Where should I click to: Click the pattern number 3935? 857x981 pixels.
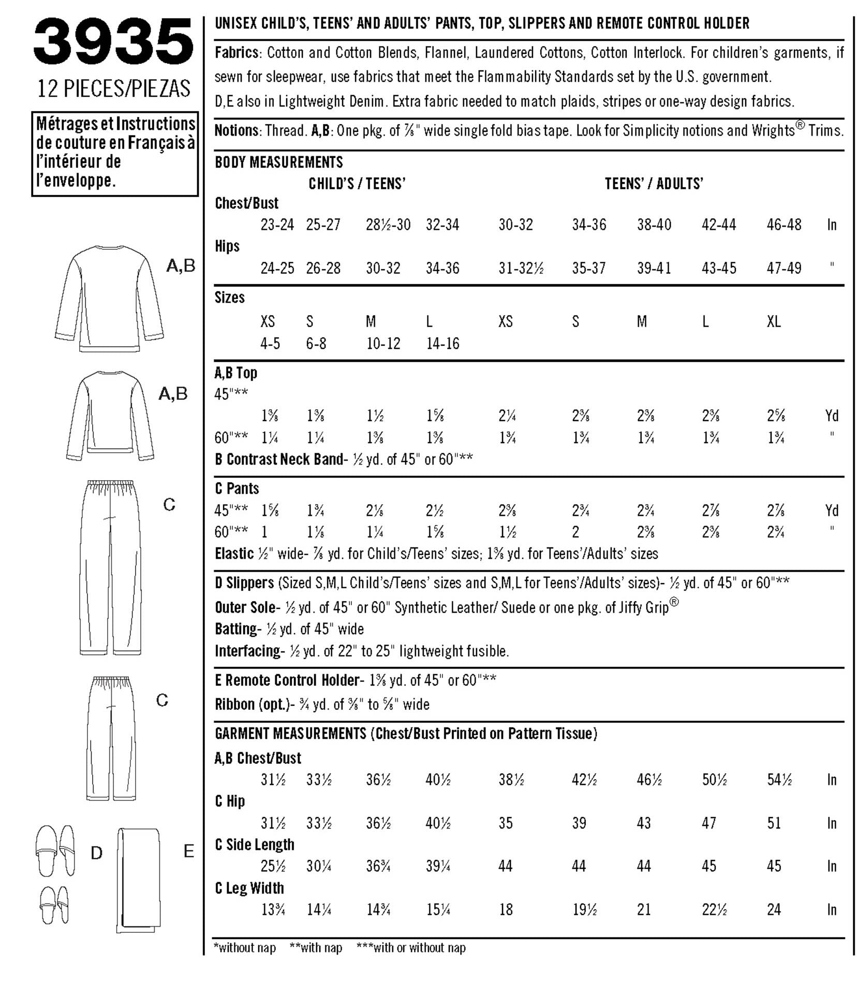click(x=113, y=41)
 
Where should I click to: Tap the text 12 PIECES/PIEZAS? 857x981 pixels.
click(x=114, y=88)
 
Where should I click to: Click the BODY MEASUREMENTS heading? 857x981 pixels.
click(x=278, y=162)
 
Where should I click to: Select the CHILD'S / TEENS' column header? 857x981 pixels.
click(x=357, y=184)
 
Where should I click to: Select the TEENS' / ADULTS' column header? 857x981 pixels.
click(x=654, y=184)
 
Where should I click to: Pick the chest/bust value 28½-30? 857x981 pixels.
click(x=388, y=225)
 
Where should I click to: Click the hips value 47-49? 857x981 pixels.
click(x=784, y=268)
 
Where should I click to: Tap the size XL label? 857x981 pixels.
click(x=774, y=322)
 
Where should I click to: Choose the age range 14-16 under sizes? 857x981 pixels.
click(x=442, y=344)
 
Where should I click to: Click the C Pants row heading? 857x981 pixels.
click(x=237, y=488)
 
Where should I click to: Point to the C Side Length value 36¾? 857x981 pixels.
click(x=378, y=866)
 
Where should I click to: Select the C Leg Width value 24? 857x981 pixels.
click(x=774, y=910)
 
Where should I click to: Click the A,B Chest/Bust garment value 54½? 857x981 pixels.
click(x=779, y=780)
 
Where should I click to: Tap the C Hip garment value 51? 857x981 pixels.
click(x=774, y=823)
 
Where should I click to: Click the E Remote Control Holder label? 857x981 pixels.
click(x=287, y=680)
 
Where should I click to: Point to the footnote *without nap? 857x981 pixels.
click(x=244, y=948)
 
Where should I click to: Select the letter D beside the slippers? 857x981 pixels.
click(x=97, y=853)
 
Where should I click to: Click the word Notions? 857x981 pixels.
click(x=237, y=130)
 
